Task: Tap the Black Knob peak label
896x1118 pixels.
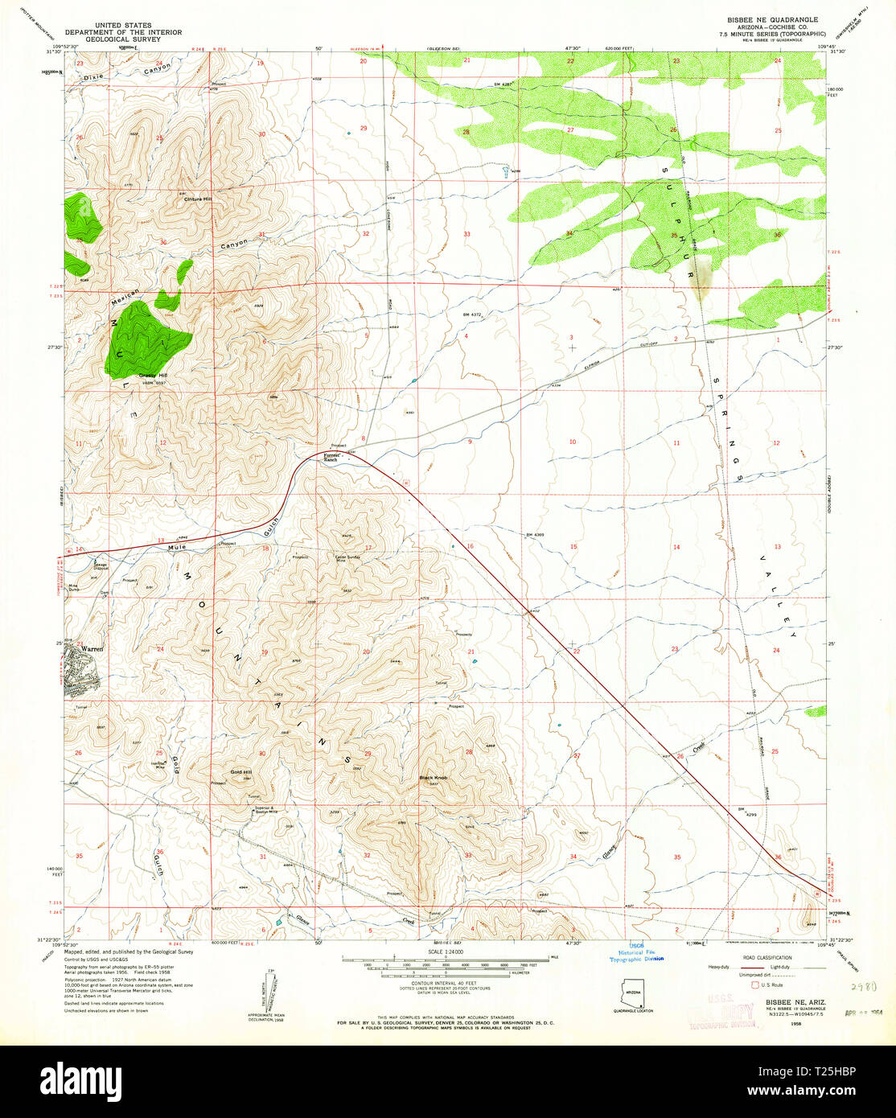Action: point(433,779)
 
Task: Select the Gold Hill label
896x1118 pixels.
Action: point(241,772)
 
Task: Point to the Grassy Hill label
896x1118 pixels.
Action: point(153,376)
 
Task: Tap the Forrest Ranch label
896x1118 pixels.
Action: point(335,458)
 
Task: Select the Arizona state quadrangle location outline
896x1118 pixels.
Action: point(635,992)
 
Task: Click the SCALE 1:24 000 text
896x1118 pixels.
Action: point(447,952)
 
